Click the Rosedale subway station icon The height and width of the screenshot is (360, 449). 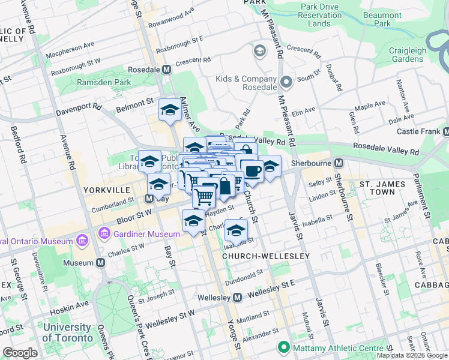pos(166,70)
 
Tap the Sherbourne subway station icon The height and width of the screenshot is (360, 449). pos(339,163)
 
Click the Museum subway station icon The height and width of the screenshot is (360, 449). pos(100,263)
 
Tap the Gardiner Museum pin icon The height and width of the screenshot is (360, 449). pos(105,232)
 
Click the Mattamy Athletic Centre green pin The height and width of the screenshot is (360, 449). pos(283,347)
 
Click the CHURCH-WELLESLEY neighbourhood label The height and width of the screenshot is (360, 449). pos(266,256)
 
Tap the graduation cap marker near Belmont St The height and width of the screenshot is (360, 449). pos(170,110)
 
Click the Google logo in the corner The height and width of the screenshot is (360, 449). pos(20,353)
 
